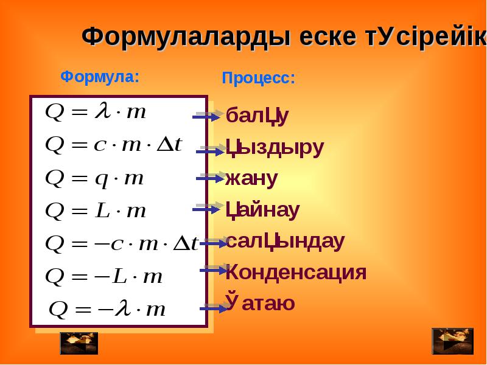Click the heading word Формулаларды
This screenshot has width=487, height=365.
coord(186,37)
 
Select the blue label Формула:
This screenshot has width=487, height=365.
coord(100,77)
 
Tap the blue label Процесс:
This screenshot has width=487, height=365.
coord(258,78)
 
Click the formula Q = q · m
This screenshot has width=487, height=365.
coord(95,179)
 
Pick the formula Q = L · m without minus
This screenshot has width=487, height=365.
coord(96,210)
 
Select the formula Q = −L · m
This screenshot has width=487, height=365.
coord(104,276)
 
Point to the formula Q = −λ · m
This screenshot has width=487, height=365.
coord(108,308)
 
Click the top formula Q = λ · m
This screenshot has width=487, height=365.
coord(96,112)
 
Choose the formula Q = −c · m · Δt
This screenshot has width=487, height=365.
coord(122,243)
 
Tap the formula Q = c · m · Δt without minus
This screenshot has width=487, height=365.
coord(114,145)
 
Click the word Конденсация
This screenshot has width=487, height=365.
coord(296,272)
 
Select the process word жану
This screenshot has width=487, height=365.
coord(251,179)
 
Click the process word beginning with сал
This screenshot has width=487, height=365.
coord(285,242)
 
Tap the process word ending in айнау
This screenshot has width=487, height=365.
coord(262,210)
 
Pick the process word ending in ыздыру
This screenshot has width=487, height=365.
coord(275,148)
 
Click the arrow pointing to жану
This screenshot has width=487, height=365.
coord(210,178)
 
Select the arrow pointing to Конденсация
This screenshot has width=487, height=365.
coord(214,270)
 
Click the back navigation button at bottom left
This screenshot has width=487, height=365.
coord(79,343)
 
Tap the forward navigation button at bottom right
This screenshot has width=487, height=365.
coord(453,341)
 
